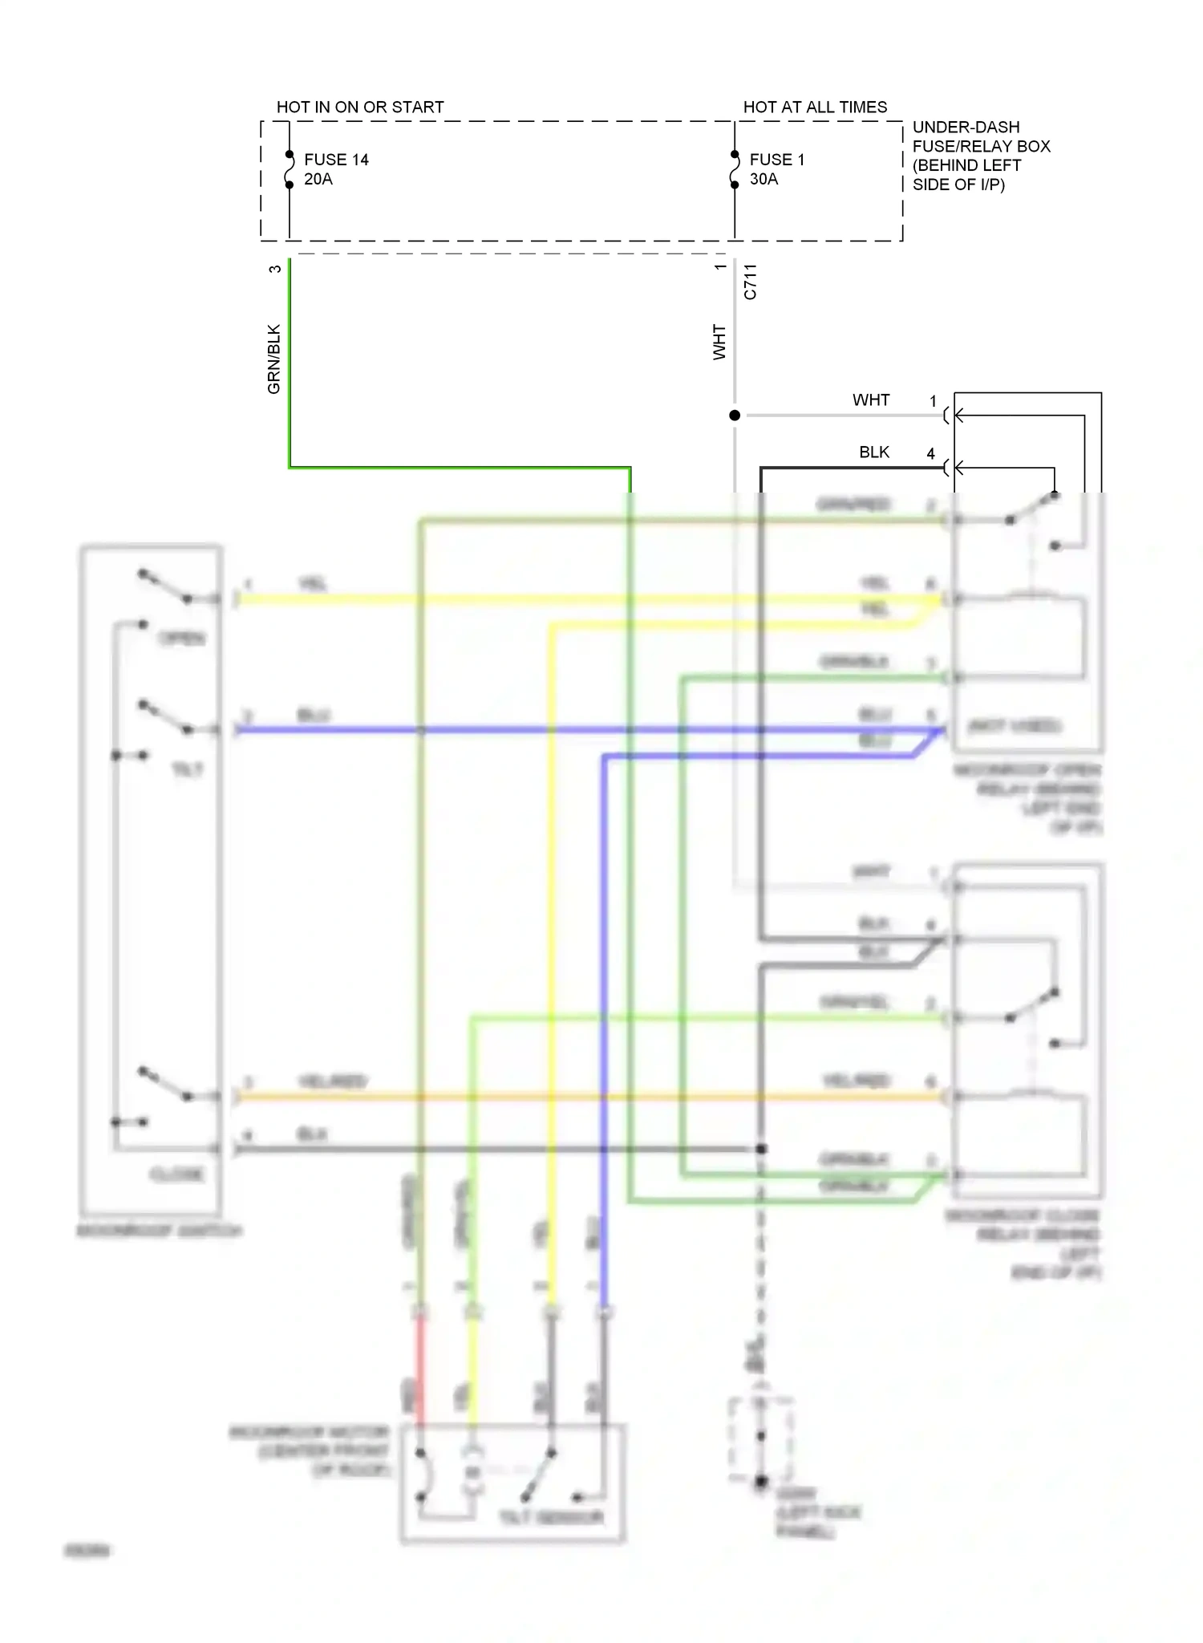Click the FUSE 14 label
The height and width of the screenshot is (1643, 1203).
click(x=336, y=160)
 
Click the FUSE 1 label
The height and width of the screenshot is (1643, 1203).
click(x=776, y=160)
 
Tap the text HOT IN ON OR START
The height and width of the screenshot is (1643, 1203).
click(x=360, y=108)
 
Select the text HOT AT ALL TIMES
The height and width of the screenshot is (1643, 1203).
click(x=815, y=108)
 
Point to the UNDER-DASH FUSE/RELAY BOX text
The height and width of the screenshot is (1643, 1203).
click(x=980, y=156)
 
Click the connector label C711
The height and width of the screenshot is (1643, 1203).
click(x=750, y=282)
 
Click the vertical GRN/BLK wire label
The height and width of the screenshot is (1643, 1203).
click(x=274, y=359)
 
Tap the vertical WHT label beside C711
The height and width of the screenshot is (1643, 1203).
click(x=719, y=342)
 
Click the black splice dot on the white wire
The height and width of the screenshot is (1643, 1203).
click(x=735, y=416)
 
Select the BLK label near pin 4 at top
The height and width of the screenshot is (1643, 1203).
click(x=873, y=452)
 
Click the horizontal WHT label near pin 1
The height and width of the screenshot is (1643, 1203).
click(x=871, y=400)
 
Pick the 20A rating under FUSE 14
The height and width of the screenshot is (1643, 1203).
click(x=318, y=179)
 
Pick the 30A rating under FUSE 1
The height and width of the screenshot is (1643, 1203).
click(x=764, y=179)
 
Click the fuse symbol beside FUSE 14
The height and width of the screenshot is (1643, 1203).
click(x=290, y=169)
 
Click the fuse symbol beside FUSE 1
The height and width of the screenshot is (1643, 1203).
click(x=735, y=169)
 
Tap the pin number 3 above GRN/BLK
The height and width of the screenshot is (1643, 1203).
click(x=275, y=269)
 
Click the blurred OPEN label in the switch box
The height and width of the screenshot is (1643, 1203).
click(x=182, y=639)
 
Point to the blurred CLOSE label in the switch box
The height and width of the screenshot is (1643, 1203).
click(x=176, y=1174)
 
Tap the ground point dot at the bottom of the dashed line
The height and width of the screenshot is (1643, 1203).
click(x=761, y=1481)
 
